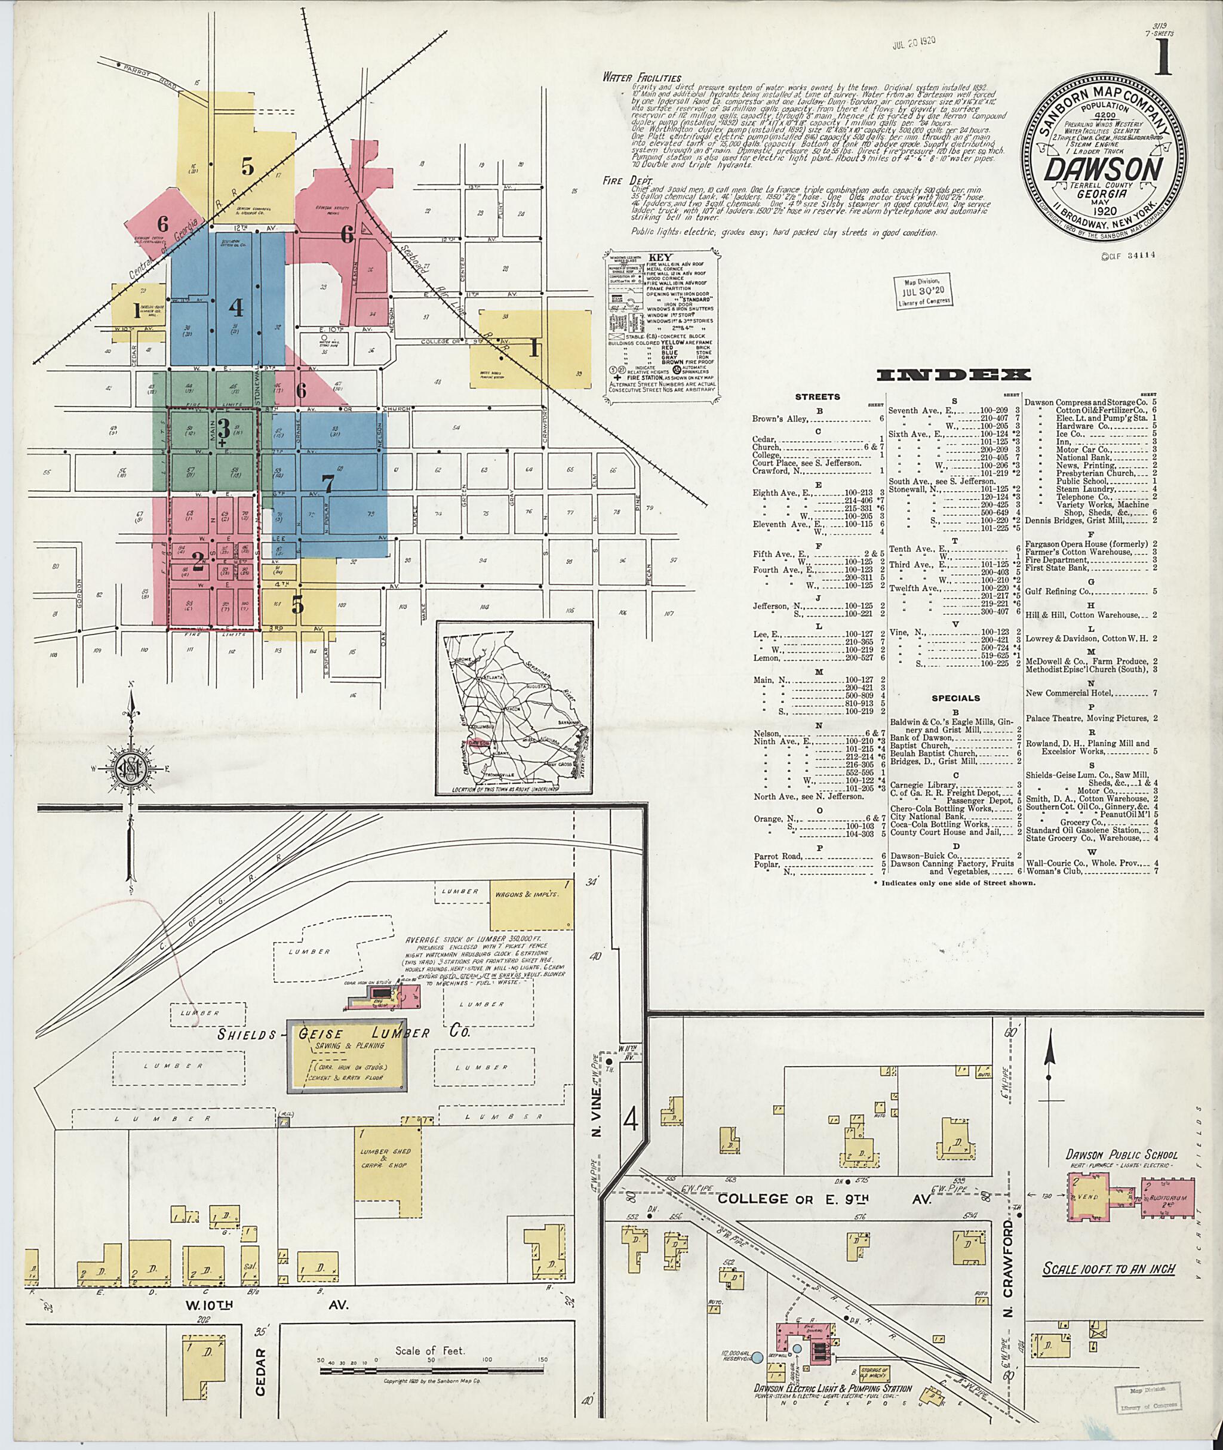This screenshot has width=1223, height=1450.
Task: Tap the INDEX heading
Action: click(953, 375)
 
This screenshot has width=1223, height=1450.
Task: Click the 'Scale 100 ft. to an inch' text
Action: click(1110, 1269)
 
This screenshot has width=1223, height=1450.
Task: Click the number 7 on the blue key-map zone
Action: click(328, 482)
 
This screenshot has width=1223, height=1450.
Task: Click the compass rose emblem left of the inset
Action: click(130, 770)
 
